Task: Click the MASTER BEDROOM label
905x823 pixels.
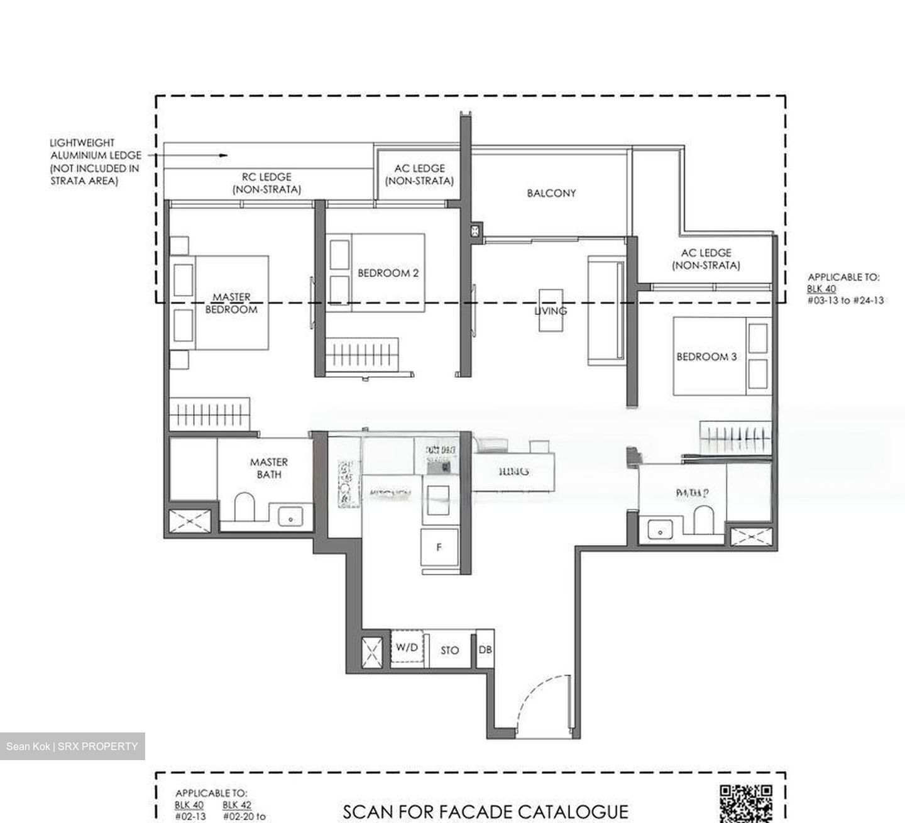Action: point(231,303)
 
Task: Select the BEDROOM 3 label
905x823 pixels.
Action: point(706,356)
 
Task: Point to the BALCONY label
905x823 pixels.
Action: point(551,193)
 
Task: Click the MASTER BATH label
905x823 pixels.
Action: point(269,468)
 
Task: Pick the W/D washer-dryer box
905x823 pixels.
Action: point(407,648)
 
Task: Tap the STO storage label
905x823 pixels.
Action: point(449,650)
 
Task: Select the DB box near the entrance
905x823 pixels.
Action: point(485,649)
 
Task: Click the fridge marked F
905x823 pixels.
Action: point(439,547)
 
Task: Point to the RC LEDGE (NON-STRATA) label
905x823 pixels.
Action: point(266,183)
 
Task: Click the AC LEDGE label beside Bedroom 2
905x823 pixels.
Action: point(419,174)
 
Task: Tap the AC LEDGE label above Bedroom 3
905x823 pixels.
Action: point(706,258)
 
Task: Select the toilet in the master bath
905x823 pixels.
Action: point(244,507)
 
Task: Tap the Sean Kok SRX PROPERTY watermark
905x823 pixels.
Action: point(72,746)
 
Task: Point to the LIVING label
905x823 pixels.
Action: point(551,311)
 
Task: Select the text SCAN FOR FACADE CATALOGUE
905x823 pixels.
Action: point(485,812)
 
